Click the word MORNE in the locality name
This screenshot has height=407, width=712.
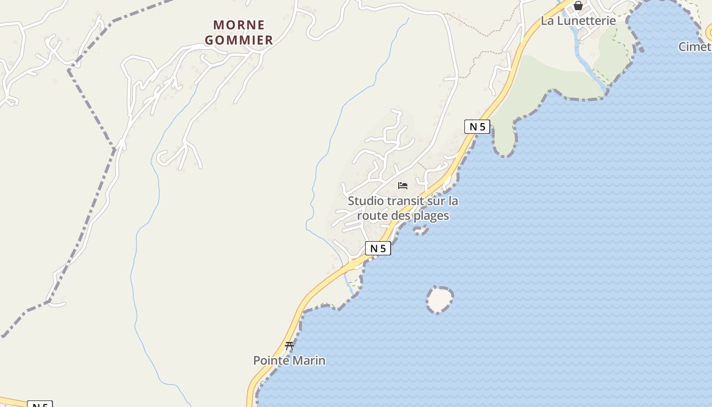[x=239, y=25]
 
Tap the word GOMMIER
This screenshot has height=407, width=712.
[x=239, y=40]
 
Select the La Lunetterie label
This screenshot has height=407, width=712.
[x=578, y=21]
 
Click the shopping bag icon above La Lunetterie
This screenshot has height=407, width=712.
[x=578, y=6]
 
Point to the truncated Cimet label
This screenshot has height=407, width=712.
[x=695, y=47]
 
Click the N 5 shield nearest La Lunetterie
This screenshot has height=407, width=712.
[x=477, y=127]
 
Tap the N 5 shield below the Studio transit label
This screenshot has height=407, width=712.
[x=378, y=248]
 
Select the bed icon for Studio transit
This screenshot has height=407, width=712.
[x=403, y=186]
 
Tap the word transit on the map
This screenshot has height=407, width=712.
[x=405, y=201]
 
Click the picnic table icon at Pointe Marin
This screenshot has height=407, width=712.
[x=289, y=346]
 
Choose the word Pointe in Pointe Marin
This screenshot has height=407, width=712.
[x=271, y=361]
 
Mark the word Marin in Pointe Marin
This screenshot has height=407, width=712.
[x=309, y=361]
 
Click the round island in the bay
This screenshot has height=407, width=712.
[x=439, y=299]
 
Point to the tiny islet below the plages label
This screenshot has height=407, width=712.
[x=420, y=230]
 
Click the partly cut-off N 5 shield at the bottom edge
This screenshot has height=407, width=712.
[x=40, y=404]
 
